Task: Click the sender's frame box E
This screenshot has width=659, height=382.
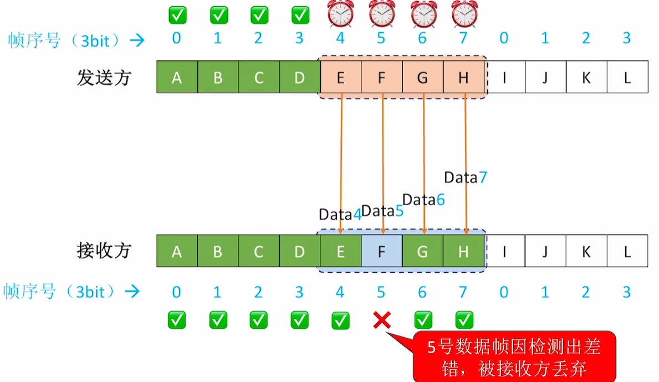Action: click(341, 78)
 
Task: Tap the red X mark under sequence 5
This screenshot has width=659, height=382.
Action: click(382, 319)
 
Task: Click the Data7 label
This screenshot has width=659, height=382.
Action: click(466, 177)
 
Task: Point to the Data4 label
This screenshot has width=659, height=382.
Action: click(340, 215)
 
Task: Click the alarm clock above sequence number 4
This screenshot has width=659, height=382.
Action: click(341, 14)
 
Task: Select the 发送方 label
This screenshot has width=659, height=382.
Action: click(104, 78)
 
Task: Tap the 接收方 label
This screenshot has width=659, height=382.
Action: click(104, 251)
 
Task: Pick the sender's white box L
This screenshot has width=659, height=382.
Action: click(627, 78)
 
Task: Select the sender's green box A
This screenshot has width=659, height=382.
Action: click(177, 78)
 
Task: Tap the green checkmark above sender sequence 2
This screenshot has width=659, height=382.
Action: click(259, 15)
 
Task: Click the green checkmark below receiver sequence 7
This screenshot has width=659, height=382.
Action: click(464, 320)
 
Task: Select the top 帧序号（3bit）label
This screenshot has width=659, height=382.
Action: click(67, 40)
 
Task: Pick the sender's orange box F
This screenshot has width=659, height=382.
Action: click(382, 78)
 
